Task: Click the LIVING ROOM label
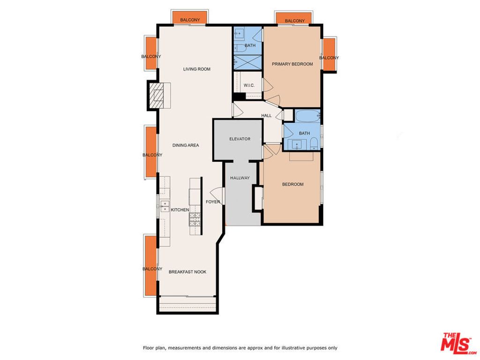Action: click(x=196, y=69)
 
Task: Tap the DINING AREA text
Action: click(x=186, y=145)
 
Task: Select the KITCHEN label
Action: click(x=180, y=210)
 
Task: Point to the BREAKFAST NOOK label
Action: click(x=187, y=272)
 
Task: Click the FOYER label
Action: click(x=213, y=202)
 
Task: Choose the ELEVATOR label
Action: click(x=240, y=139)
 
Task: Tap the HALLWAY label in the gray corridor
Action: click(x=240, y=178)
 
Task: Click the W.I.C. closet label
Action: click(x=249, y=85)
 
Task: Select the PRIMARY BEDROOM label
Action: click(x=292, y=64)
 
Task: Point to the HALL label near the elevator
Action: click(x=266, y=115)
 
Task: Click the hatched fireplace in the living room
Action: click(x=159, y=95)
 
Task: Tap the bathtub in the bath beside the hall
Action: click(x=307, y=115)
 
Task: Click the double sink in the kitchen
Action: click(x=165, y=206)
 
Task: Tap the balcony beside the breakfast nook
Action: click(x=150, y=266)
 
